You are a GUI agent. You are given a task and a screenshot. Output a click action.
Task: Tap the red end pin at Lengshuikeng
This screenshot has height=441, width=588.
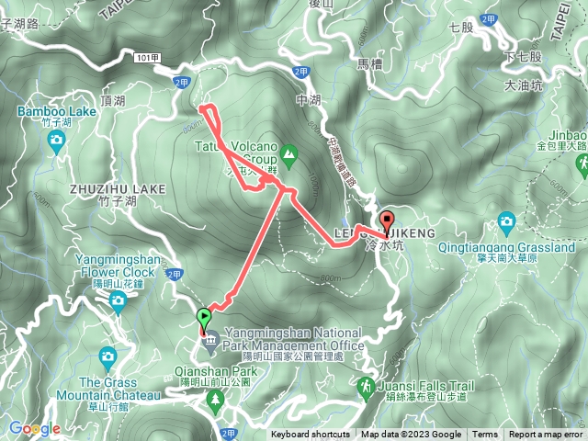pyautogui.click(x=387, y=221)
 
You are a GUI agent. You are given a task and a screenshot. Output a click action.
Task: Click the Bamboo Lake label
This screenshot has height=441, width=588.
pyautogui.click(x=56, y=111)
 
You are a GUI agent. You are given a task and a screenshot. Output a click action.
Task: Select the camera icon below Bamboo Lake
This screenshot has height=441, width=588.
pyautogui.click(x=56, y=141)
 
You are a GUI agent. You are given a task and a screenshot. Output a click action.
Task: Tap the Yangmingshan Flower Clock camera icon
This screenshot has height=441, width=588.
pyautogui.click(x=119, y=304)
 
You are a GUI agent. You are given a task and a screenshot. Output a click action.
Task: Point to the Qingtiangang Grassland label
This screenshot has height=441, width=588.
pyautogui.click(x=520, y=247)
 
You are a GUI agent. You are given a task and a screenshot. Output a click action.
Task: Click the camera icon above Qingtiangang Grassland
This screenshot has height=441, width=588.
pyautogui.click(x=506, y=220)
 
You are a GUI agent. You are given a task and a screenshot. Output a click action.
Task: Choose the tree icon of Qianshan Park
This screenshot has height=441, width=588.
pyautogui.click(x=216, y=399)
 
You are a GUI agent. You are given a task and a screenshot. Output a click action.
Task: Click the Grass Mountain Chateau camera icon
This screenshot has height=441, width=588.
pyautogui.click(x=108, y=356)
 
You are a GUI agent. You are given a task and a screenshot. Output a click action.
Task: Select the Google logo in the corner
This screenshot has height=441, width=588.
pyautogui.click(x=34, y=428)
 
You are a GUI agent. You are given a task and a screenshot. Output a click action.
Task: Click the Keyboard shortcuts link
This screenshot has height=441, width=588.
pyautogui.click(x=310, y=435)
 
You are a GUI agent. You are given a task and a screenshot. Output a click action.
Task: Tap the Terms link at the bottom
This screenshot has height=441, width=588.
pyautogui.click(x=485, y=435)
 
